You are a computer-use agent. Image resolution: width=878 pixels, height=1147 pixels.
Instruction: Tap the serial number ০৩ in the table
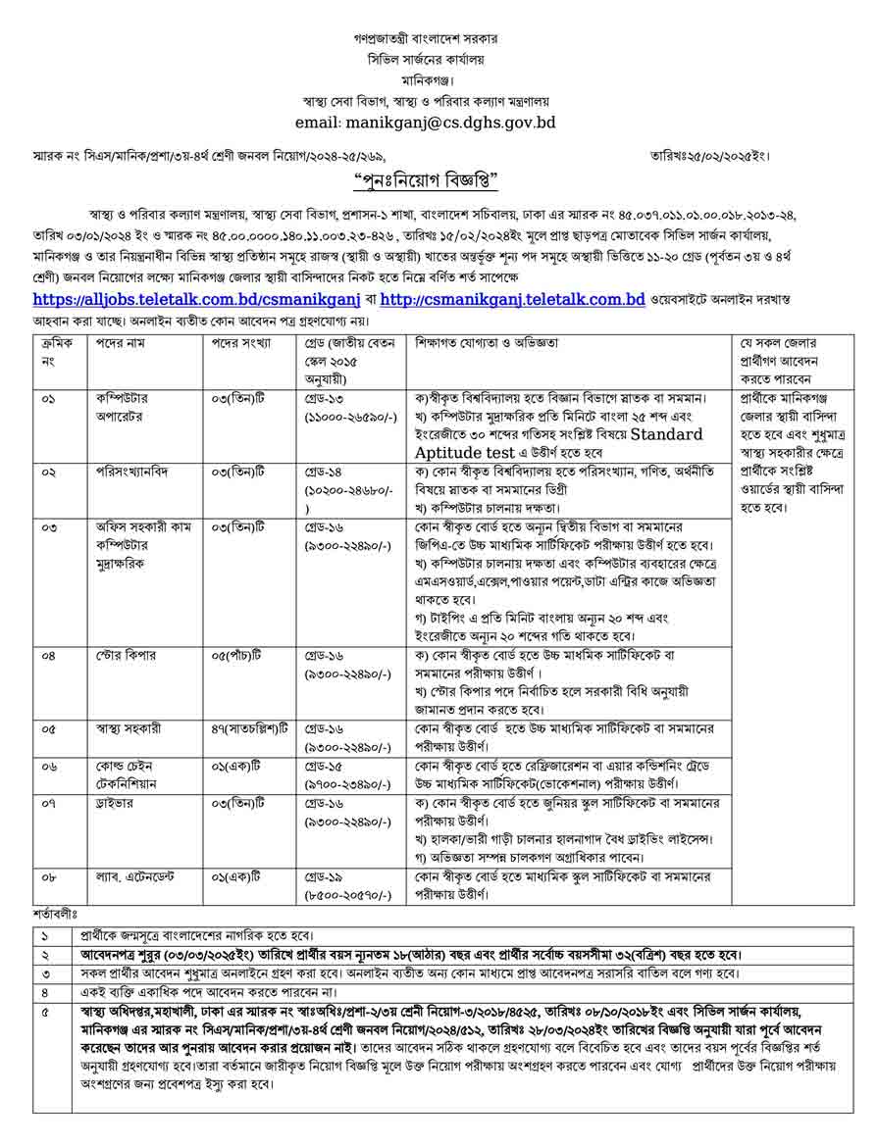click(x=50, y=527)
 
